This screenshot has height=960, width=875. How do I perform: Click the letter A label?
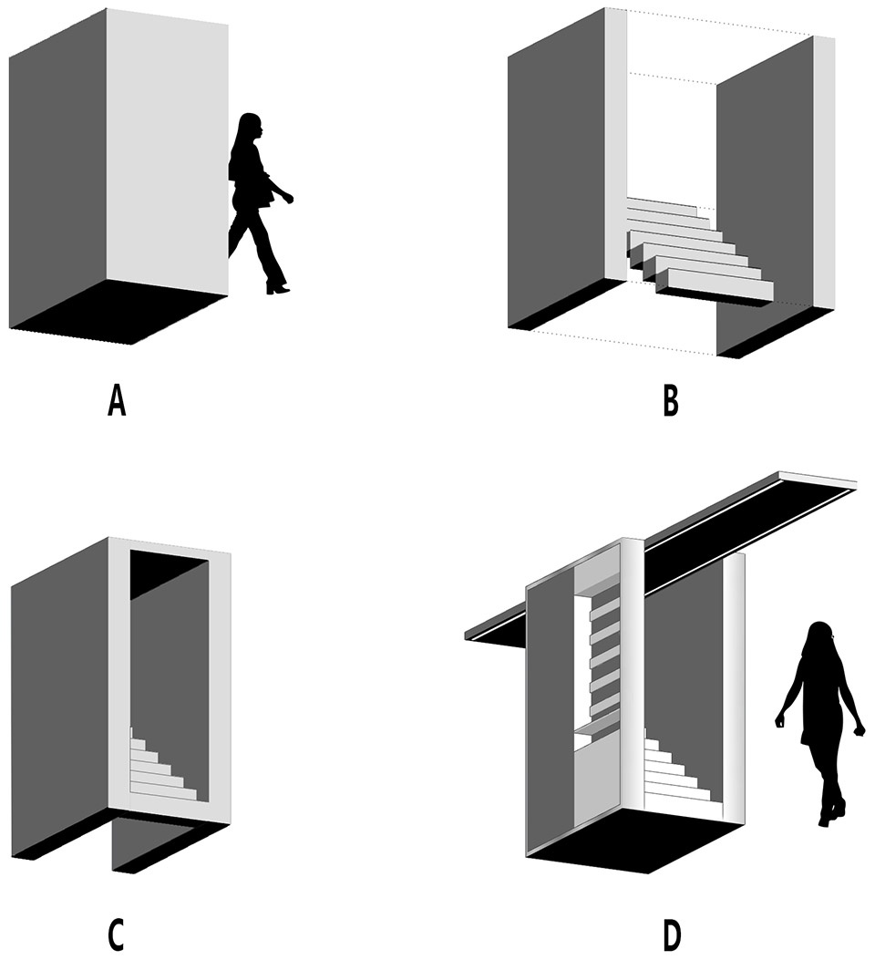pyautogui.click(x=117, y=402)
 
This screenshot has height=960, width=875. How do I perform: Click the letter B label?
pyautogui.click(x=671, y=402)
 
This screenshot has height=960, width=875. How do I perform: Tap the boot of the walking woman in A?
pyautogui.click(x=276, y=287)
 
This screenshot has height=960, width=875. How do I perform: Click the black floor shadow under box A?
pyautogui.click(x=119, y=312)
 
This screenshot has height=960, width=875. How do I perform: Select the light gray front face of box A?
pyautogui.click(x=168, y=150)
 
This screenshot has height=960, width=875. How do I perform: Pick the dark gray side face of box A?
pyautogui.click(x=58, y=169)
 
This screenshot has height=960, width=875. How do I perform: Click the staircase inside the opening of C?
pyautogui.click(x=163, y=765)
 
